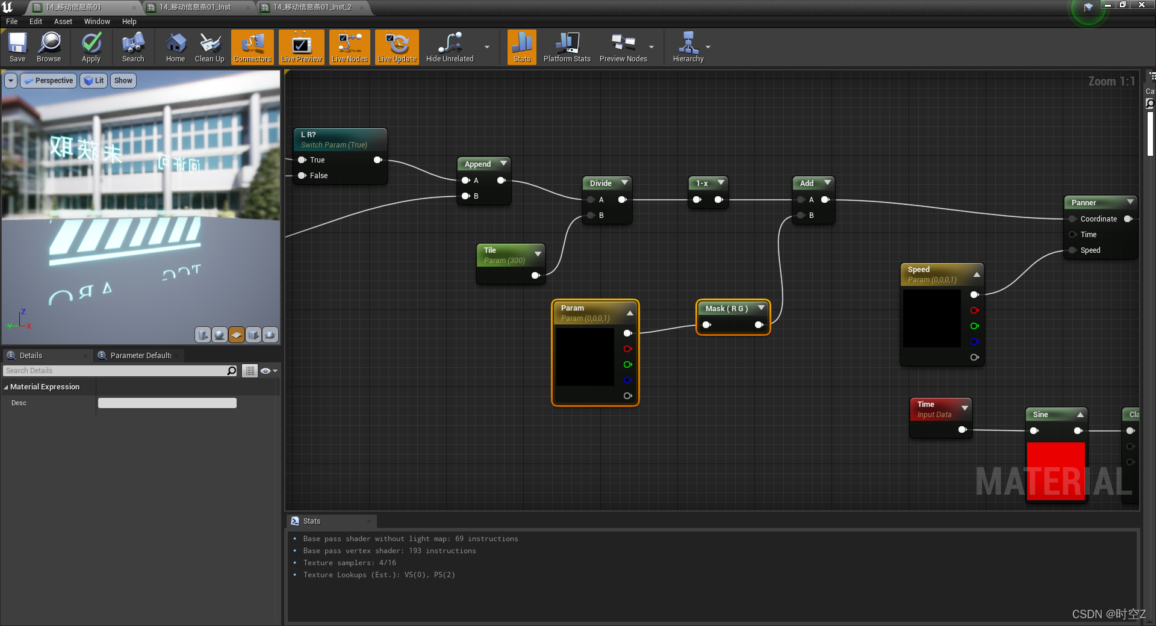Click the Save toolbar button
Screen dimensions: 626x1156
17,47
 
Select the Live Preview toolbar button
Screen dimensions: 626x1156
301,47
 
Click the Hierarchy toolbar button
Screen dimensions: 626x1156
688,47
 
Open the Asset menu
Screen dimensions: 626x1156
63,22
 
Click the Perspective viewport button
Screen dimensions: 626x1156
49,81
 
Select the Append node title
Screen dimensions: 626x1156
478,164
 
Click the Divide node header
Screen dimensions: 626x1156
601,183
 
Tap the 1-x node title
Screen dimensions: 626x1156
702,183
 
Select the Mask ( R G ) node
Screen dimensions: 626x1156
727,309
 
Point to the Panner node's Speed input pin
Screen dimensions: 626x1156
1072,250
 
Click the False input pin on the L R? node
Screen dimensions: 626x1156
302,176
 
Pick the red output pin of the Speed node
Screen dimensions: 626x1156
974,311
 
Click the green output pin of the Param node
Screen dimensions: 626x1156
627,365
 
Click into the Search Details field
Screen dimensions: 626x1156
114,371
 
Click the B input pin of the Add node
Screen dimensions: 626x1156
801,215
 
